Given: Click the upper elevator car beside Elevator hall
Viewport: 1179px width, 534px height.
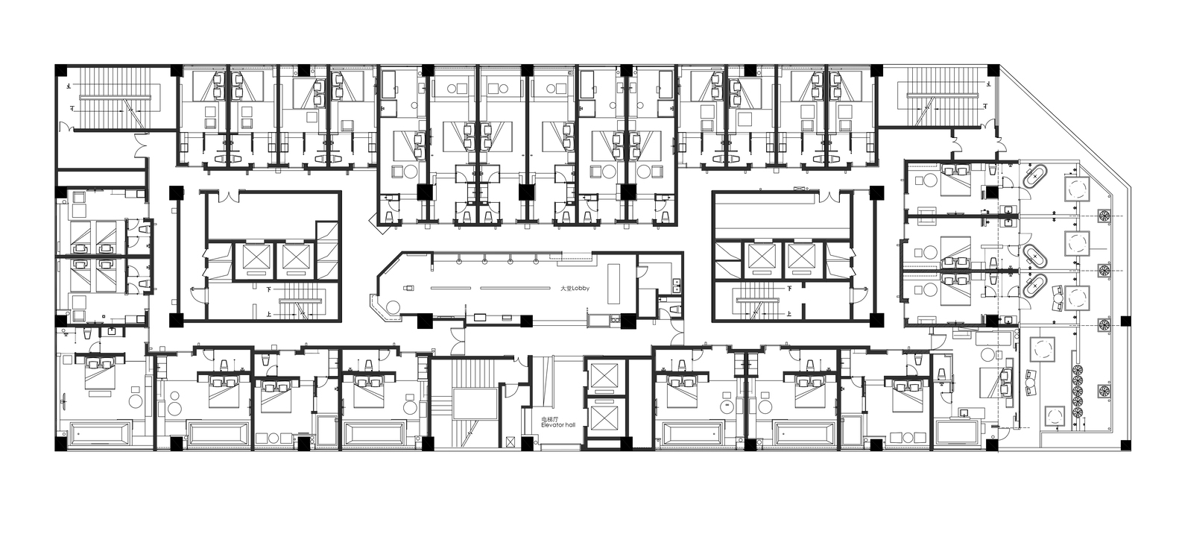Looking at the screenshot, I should [602, 377].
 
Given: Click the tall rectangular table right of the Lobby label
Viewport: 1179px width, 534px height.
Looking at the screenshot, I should [615, 283].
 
